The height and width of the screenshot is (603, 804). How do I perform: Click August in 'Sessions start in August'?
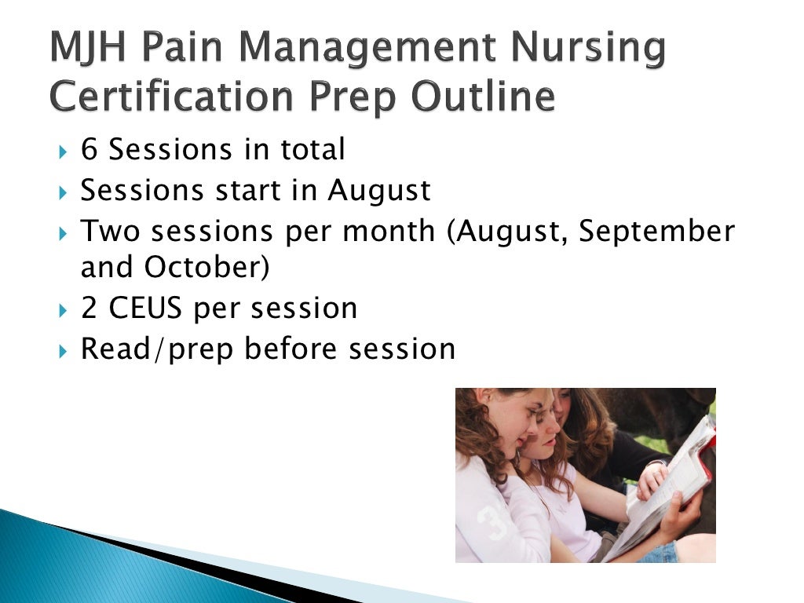[379, 191]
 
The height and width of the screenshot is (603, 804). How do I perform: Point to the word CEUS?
[145, 308]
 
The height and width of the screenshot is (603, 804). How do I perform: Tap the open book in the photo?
[667, 487]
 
